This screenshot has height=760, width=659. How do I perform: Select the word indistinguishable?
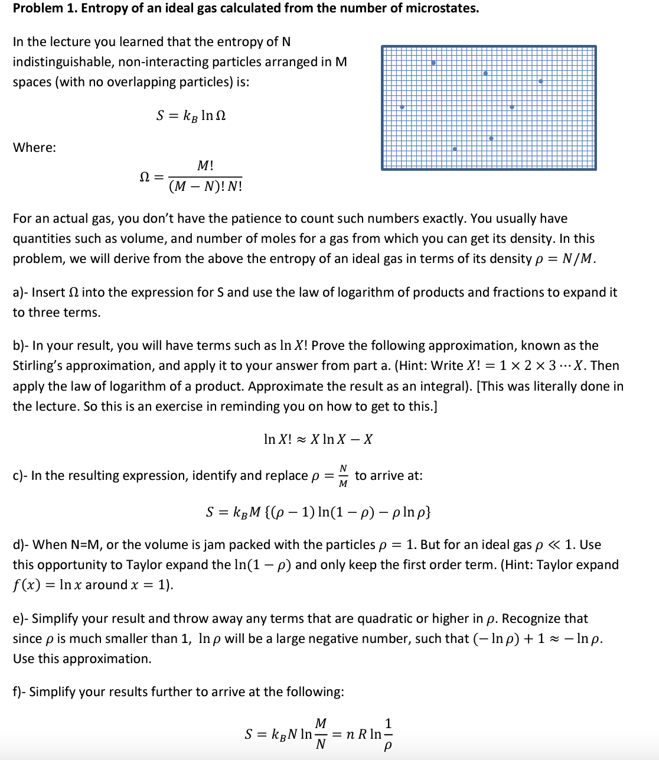60,62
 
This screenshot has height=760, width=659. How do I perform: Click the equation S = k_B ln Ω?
191,115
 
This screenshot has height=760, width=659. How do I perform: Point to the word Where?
34,148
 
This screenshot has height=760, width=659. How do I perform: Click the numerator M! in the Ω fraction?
205,166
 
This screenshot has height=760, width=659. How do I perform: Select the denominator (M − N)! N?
205,187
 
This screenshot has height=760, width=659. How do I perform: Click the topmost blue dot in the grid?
433,63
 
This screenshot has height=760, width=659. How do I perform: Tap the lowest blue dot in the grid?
454,149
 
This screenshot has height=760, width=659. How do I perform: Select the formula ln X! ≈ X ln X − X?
318,439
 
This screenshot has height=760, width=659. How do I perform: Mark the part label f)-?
19,692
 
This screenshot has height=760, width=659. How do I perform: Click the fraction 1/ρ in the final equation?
387,735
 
